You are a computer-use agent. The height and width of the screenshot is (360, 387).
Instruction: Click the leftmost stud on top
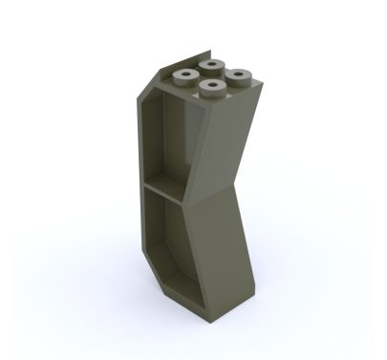(x=183, y=74)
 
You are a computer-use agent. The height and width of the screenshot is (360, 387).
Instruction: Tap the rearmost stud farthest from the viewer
(x=211, y=63)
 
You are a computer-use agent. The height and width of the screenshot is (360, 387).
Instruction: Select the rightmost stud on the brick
(x=238, y=75)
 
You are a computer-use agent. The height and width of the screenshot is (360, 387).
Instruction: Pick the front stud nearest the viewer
(x=209, y=89)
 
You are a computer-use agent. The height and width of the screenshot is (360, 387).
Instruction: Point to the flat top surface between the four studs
(x=210, y=76)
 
